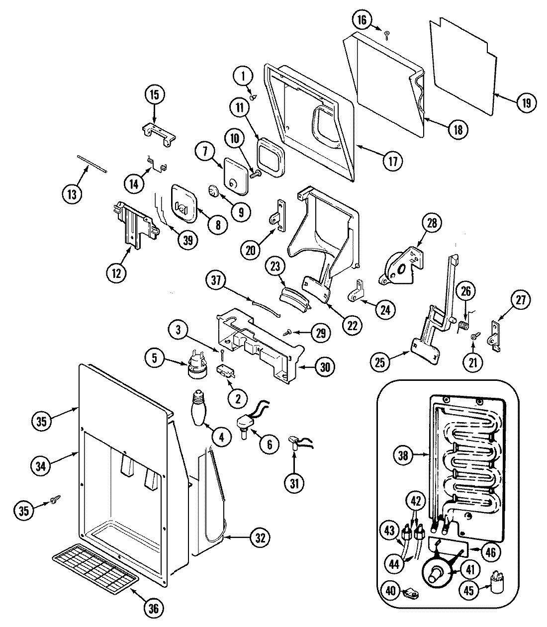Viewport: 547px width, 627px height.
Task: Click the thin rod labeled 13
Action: (x=92, y=163)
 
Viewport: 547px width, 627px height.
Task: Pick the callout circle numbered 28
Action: (x=432, y=223)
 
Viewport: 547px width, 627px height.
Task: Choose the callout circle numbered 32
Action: (x=261, y=537)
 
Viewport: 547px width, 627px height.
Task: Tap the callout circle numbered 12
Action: (x=116, y=272)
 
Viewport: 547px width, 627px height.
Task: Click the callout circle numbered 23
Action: (x=276, y=267)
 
